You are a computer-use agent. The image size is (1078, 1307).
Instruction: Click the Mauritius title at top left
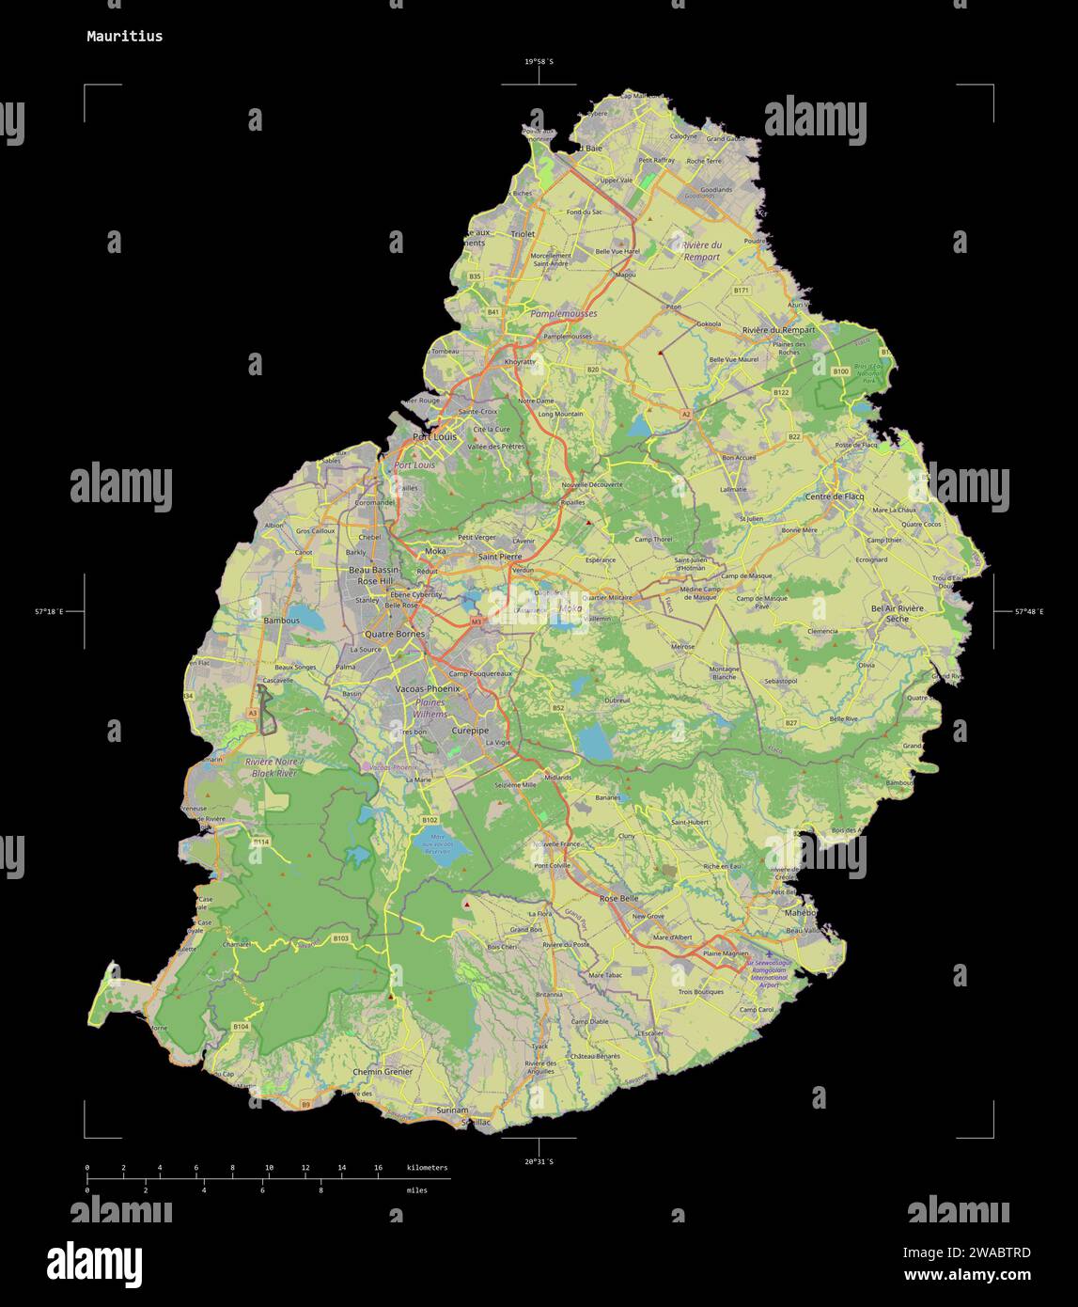[x=124, y=37]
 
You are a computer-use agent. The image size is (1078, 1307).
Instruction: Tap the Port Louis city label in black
[x=435, y=437]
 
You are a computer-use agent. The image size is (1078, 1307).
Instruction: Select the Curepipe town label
[x=470, y=731]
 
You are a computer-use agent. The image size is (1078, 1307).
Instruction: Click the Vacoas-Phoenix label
[x=429, y=689]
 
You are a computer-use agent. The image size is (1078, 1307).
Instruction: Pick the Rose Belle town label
[x=618, y=899]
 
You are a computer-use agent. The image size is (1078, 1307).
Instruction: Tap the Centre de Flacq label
[x=834, y=496]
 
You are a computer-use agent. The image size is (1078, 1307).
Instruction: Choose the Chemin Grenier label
[x=383, y=1072]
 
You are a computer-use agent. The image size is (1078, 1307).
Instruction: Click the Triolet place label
[x=522, y=234]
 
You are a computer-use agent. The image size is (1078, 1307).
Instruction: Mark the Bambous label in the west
[x=281, y=622]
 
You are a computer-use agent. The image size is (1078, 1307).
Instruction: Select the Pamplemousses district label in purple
[x=563, y=313]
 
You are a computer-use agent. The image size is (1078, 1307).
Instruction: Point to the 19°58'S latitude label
[x=539, y=62]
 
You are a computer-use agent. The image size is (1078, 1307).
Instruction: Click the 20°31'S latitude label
[x=539, y=1162]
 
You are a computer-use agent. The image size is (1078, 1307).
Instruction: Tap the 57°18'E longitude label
[x=49, y=612]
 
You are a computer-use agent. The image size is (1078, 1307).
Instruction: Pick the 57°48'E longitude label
[x=1028, y=612]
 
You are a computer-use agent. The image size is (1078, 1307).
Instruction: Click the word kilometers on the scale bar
[x=427, y=1168]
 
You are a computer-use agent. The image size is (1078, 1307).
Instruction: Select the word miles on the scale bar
[x=416, y=1190]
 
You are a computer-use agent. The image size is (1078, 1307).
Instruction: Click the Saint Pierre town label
[x=499, y=557]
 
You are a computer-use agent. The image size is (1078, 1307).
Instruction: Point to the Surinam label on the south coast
[x=452, y=1110]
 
